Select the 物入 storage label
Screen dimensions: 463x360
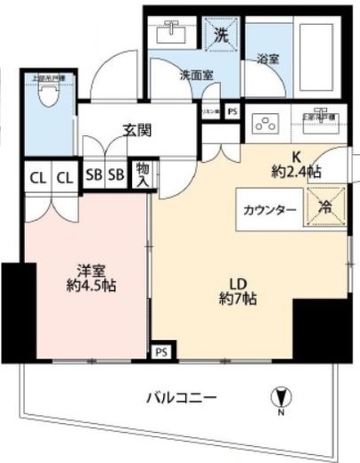coord(142,175)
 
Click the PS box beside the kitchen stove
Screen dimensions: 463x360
coord(232,111)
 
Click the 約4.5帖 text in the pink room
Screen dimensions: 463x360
coord(92,286)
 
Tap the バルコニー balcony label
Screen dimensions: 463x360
coord(181,398)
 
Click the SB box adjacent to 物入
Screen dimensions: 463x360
coord(115,175)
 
